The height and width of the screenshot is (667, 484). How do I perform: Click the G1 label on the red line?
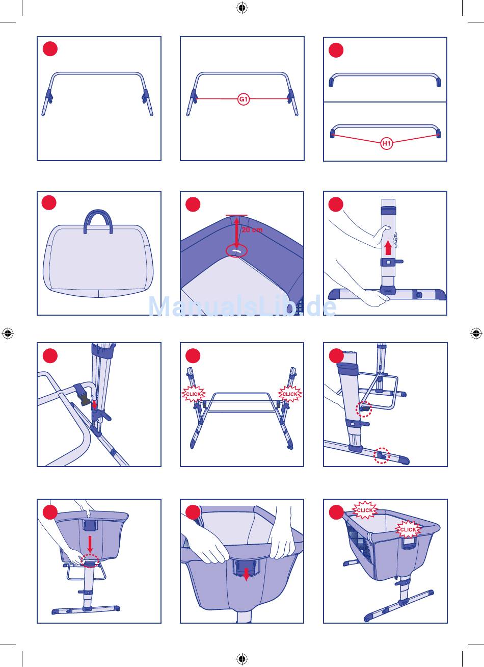coord(244,100)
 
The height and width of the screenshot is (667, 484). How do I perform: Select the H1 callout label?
coord(387,144)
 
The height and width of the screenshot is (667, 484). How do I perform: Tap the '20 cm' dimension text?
coord(252,230)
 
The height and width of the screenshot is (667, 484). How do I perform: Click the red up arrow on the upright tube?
coord(388,248)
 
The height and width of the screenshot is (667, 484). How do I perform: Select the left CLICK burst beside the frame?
coord(193,394)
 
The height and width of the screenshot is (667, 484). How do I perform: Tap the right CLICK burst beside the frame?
coord(289,394)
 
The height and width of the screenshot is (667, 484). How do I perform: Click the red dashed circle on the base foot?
coord(382,455)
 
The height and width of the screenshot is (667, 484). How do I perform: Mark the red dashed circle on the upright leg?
coord(364,408)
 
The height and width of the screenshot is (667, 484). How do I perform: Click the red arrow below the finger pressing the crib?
coord(90,543)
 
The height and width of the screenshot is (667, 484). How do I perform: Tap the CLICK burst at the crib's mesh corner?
coord(365,510)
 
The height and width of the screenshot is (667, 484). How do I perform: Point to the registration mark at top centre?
coord(242,8)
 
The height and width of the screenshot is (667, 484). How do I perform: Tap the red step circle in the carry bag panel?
coord(49,202)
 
